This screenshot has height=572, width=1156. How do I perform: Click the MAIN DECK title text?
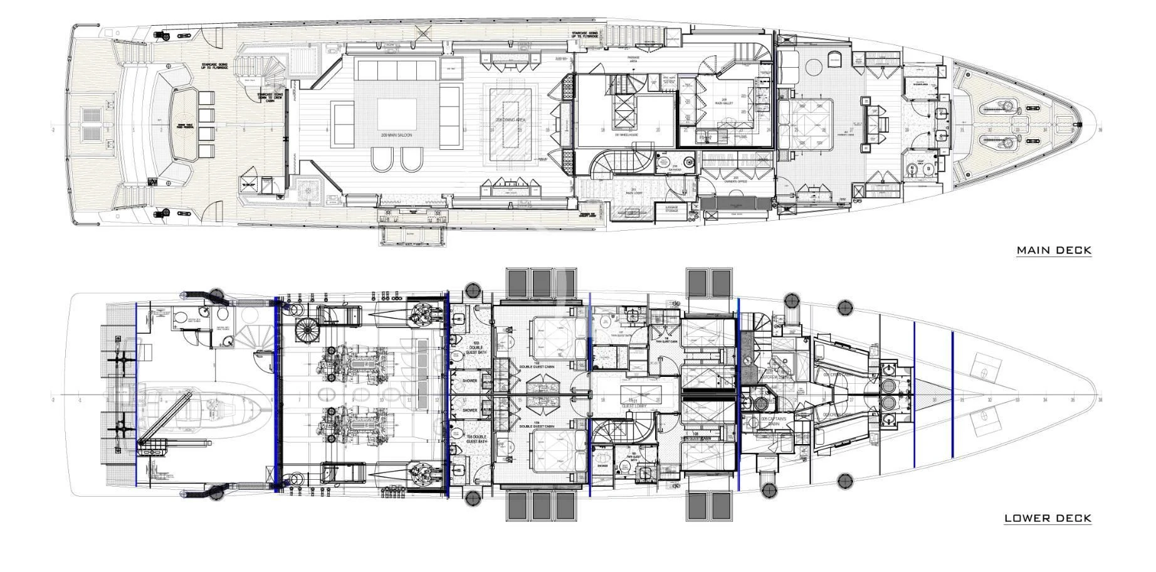(1054, 250)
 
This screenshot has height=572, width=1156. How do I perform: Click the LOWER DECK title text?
(1048, 518)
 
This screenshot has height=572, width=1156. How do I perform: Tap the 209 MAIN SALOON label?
(396, 135)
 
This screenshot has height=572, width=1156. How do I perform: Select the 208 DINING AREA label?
(511, 119)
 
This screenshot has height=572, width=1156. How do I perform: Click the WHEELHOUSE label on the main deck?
(625, 134)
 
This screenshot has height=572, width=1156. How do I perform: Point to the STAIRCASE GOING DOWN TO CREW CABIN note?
(271, 98)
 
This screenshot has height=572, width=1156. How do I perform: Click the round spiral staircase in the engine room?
(307, 330)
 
